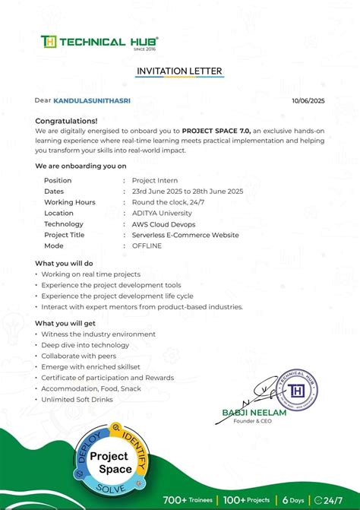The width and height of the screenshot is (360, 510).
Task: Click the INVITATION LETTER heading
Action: point(179,71)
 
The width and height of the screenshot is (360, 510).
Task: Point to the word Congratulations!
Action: point(66,120)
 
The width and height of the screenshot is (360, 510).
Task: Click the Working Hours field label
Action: point(70,202)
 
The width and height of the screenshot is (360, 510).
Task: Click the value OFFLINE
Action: point(147,246)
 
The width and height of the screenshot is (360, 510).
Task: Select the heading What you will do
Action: point(64,263)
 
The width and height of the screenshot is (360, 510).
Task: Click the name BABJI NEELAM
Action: point(246,412)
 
